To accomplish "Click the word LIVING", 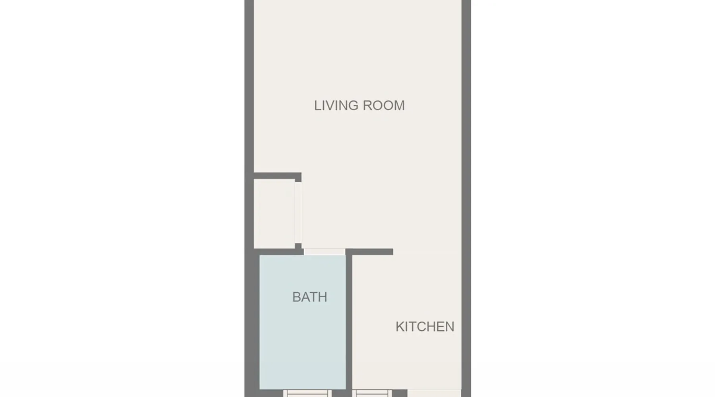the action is pos(336,106).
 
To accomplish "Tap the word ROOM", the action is pos(384,106).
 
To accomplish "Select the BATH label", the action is pos(310,297).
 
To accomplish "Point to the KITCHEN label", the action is pos(425,327).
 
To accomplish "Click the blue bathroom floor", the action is pos(303,341).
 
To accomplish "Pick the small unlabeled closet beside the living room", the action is pos(274,214).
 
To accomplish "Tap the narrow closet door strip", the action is pos(298,212).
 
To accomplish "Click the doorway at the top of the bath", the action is pos(325,252).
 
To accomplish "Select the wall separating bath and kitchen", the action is pos(349,322).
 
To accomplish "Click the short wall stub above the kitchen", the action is pos(369,252).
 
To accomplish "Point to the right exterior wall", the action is pos(466,198).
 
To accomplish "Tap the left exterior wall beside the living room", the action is pos(249,87).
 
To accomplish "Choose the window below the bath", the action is pos(307,393).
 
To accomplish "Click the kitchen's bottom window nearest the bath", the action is pos(372,393).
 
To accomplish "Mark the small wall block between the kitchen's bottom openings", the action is pos(400,393).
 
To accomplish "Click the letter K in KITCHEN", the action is pos(400,327).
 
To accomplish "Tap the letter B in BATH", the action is pos(296,297).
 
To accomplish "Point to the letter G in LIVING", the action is pos(353,106).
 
